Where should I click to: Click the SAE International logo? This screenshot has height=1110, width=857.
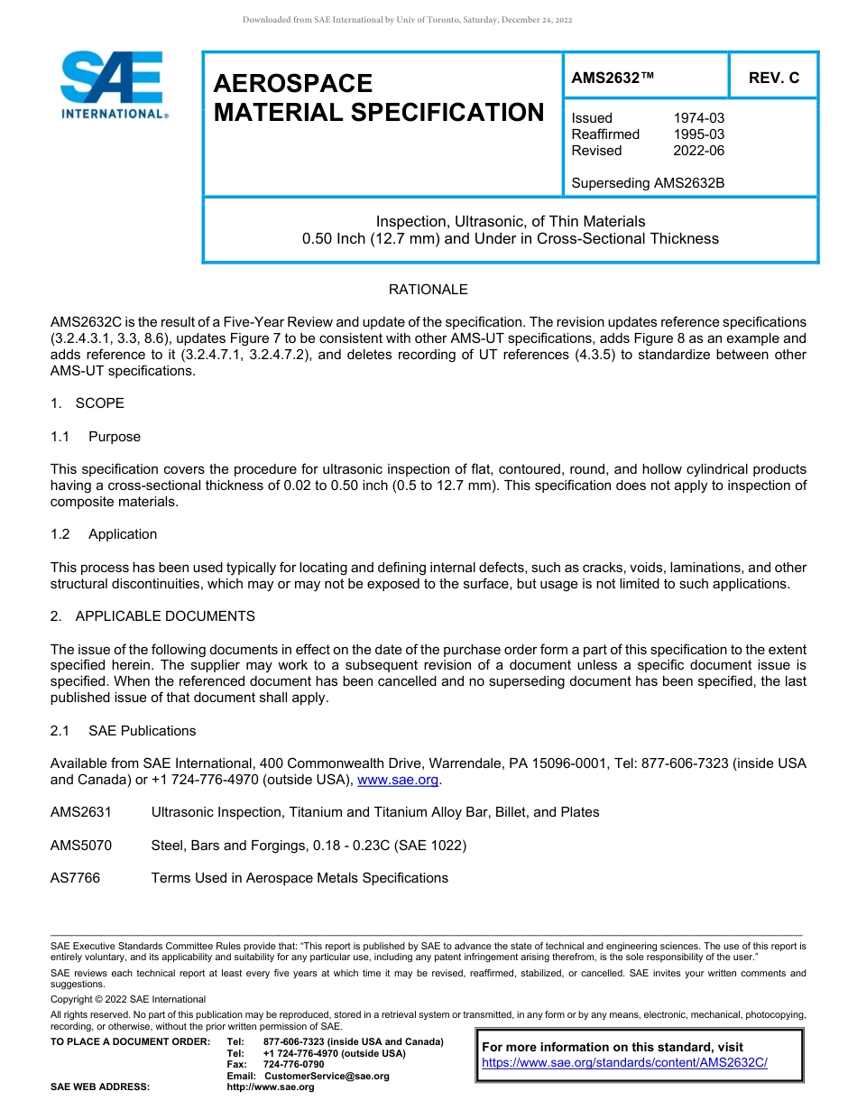click(x=113, y=85)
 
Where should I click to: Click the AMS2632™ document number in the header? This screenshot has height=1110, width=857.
click(x=612, y=79)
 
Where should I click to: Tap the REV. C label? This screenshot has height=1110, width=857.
click(x=773, y=79)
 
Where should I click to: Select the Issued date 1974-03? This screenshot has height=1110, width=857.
click(x=698, y=118)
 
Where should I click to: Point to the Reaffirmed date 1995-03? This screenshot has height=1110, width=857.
click(x=698, y=134)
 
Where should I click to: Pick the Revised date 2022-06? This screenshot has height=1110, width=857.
click(x=698, y=151)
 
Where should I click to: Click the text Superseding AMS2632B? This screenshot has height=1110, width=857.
click(x=648, y=183)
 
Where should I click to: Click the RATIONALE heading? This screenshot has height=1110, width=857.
click(x=428, y=290)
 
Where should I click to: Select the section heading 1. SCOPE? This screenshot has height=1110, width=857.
click(x=88, y=403)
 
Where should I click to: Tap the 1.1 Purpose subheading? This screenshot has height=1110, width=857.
click(x=96, y=437)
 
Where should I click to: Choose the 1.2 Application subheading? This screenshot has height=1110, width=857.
click(x=104, y=534)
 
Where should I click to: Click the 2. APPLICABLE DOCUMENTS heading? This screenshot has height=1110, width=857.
click(x=152, y=616)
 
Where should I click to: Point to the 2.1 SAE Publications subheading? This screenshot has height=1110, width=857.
click(x=123, y=731)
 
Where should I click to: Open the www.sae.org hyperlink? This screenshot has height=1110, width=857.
click(x=398, y=781)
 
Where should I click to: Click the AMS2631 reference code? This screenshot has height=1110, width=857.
click(x=81, y=812)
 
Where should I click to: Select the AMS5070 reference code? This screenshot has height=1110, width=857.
click(x=81, y=846)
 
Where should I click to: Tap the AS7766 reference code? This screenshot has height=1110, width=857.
click(x=76, y=878)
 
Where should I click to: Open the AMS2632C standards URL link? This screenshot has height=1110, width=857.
click(x=624, y=1063)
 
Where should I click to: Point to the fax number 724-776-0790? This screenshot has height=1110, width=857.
click(x=293, y=1065)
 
